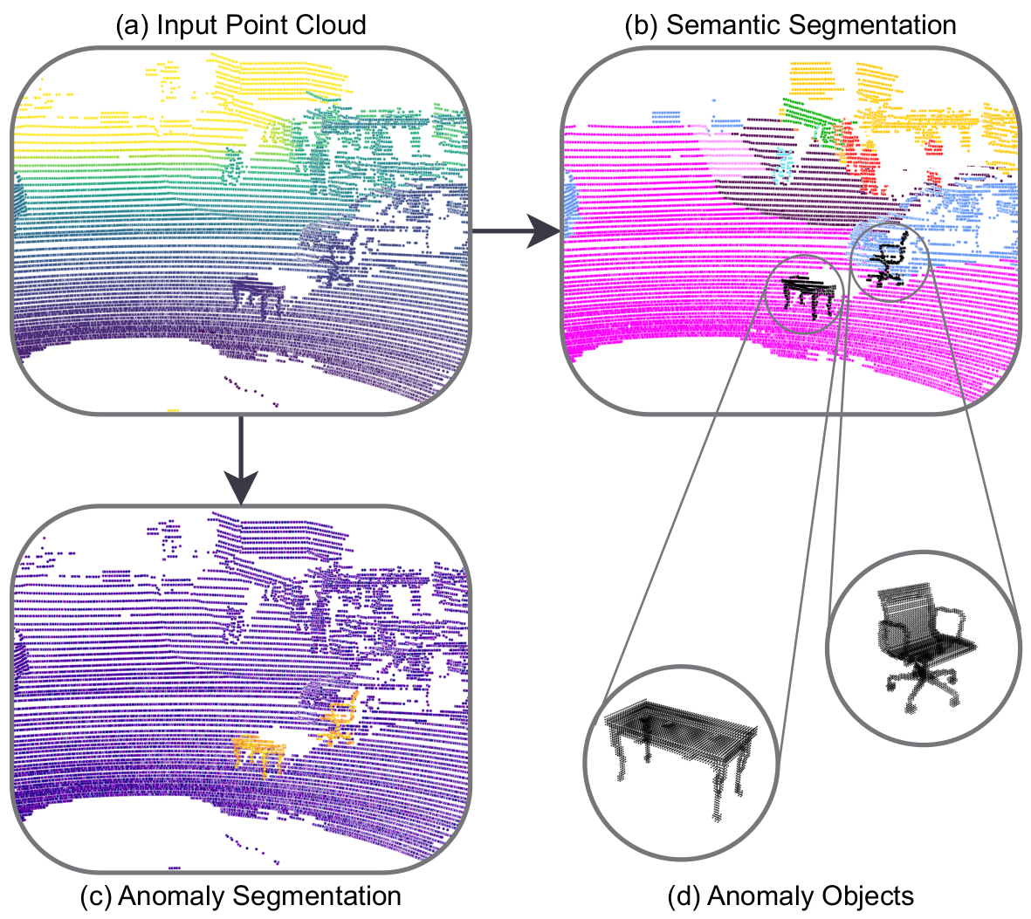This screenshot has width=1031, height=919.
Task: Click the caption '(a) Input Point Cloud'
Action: (240, 24)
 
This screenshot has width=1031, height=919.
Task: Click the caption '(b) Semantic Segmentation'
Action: (790, 24)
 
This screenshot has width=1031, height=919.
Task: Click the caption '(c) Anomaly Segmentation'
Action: (240, 896)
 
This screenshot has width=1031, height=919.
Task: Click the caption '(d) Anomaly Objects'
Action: (790, 896)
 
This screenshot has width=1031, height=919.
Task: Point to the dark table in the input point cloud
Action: (260, 295)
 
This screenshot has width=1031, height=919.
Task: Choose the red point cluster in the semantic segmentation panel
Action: (864, 161)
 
